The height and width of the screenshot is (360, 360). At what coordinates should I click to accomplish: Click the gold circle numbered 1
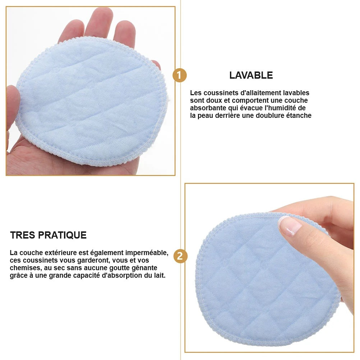[180, 76]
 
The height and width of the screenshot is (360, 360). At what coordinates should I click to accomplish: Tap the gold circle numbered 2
[180, 256]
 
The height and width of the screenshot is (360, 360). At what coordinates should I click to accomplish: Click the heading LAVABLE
[251, 75]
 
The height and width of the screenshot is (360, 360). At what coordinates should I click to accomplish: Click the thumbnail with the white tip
[290, 226]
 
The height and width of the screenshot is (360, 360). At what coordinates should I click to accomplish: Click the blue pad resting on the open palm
[90, 104]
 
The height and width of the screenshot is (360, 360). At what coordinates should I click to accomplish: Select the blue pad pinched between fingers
[266, 284]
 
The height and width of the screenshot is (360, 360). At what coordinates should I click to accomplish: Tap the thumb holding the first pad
[13, 104]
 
